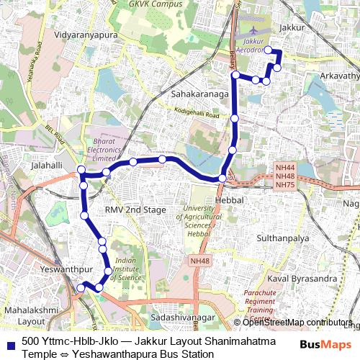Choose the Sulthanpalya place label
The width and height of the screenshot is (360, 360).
(282, 236)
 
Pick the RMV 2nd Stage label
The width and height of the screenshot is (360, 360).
(135, 210)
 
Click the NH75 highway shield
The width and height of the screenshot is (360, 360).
(285, 185)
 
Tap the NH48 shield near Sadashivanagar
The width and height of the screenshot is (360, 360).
(198, 260)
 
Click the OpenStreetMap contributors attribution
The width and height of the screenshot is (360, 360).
(297, 323)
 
